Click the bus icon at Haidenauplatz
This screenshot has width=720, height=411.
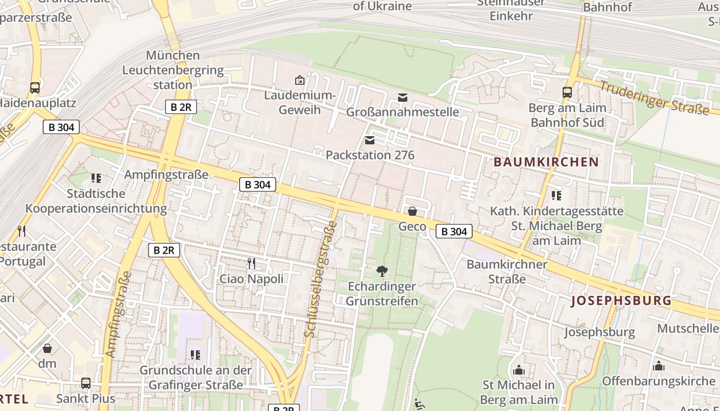click(35, 87)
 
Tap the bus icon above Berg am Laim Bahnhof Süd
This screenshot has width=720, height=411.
click(567, 92)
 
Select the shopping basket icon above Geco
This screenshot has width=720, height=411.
click(412, 211)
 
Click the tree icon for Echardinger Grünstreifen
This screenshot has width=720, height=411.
click(382, 271)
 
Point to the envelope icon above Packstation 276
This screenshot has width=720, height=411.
click(369, 140)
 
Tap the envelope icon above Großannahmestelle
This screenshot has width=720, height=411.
click(403, 97)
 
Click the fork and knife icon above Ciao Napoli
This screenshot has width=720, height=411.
click(251, 264)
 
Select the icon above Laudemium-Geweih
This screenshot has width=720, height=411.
click(299, 80)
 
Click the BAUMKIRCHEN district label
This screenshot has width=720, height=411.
click(546, 162)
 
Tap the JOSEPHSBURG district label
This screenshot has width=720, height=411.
click(621, 301)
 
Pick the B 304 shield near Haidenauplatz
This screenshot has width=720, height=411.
click(61, 127)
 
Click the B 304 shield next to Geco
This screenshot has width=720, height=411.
click(454, 231)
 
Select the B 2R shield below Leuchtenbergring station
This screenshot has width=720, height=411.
click(181, 107)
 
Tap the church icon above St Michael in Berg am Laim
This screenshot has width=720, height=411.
click(518, 370)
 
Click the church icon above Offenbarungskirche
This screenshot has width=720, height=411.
click(659, 366)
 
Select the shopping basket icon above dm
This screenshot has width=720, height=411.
click(47, 348)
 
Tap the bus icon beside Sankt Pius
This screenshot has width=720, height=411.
click(86, 383)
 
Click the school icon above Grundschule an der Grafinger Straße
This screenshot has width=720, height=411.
click(195, 354)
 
